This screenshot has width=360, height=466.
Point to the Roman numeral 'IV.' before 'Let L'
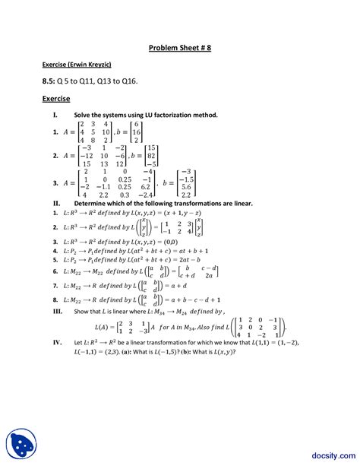click(x=57, y=343)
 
